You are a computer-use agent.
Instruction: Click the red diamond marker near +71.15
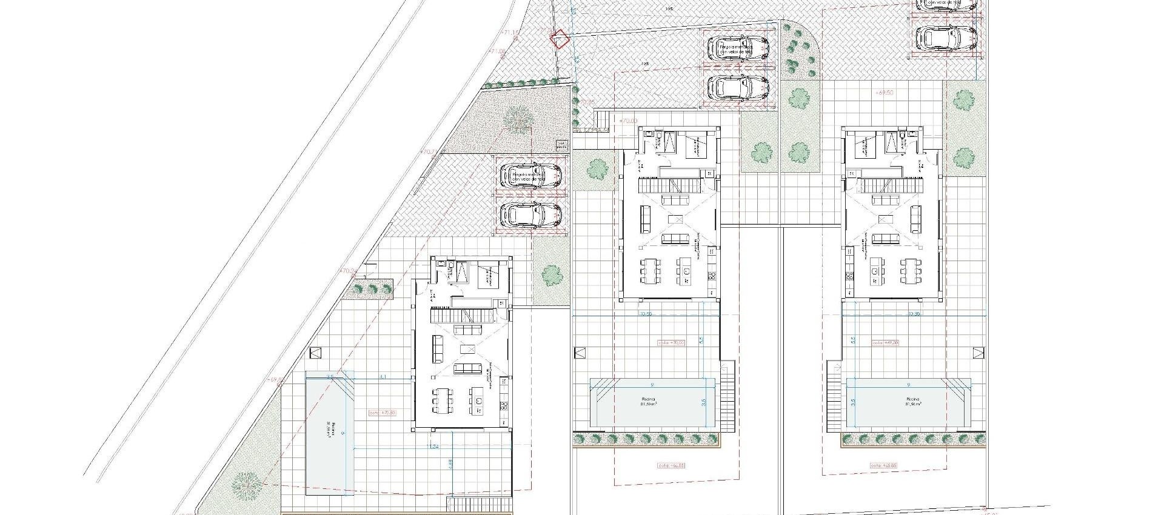coord(560,39)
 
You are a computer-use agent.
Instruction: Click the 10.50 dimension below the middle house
coord(645,314)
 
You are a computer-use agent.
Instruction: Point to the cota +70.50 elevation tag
coord(382,413)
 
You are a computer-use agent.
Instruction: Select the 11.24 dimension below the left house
coord(433,447)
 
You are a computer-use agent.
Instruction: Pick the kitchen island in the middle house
coord(684,267)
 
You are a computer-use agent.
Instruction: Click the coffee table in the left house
coord(468,350)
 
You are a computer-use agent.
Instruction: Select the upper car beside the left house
coord(531,176)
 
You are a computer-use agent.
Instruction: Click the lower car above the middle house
coord(738,88)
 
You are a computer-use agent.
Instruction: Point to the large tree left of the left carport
coord(517,118)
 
